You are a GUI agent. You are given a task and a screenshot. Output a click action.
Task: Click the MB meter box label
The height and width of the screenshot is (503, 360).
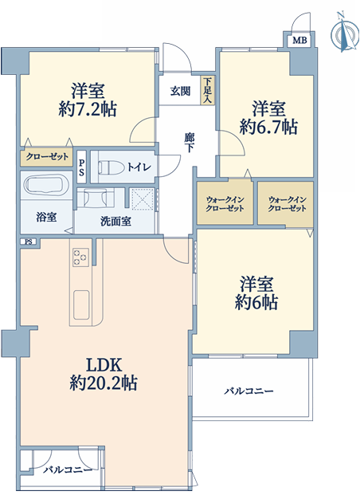point(300,41)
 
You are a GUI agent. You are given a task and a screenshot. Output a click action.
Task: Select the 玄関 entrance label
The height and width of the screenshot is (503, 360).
point(180,91)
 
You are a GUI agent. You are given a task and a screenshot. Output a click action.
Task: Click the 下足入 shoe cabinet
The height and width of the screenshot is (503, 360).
point(208,90)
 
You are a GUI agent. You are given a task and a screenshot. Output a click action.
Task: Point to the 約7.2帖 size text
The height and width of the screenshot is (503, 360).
point(88,109)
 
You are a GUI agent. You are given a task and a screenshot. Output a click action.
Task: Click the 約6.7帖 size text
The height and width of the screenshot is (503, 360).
point(268,127)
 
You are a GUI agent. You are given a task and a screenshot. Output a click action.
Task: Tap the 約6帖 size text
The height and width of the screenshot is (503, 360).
point(256,302)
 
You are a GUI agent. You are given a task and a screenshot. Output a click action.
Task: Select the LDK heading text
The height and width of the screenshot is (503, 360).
point(104,365)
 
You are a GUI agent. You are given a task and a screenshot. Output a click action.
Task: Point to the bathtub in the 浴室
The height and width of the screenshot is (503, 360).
point(47,185)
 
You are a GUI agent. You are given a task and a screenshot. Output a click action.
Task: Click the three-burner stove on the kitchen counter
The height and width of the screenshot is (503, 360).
point(80,257)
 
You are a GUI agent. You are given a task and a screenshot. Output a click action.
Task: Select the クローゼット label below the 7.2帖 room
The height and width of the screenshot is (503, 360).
point(47,157)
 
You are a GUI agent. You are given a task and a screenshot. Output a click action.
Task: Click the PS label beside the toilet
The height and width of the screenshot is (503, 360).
point(81,167)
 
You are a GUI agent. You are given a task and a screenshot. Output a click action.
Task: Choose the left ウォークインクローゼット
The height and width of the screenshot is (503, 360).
point(225,202)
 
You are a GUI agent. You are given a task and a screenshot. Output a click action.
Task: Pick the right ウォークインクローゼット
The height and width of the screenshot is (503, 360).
point(286,204)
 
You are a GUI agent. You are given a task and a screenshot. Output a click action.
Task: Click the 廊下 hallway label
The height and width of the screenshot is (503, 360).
point(189,143)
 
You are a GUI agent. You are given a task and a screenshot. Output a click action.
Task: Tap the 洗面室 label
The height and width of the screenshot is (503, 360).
point(115,221)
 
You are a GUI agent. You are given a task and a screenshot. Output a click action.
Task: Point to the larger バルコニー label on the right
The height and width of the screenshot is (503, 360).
point(248,391)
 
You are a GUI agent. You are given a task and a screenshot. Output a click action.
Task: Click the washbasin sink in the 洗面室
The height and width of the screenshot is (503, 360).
point(95,198)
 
